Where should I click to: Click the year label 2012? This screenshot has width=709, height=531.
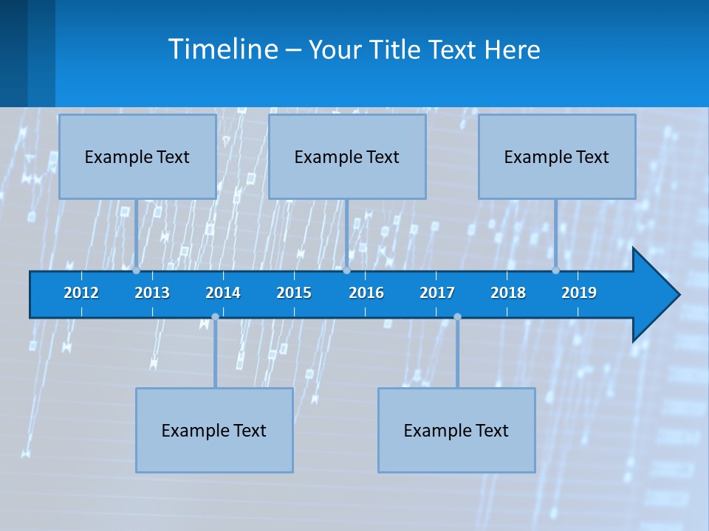(x=81, y=293)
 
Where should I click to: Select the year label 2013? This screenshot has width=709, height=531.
(x=152, y=293)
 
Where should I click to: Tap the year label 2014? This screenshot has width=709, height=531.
(x=223, y=293)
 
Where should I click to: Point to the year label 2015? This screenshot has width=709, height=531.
(x=294, y=293)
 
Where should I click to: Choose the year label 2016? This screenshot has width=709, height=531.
(x=366, y=293)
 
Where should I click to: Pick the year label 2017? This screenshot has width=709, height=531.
(x=437, y=293)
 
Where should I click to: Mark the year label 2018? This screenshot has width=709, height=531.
(x=508, y=293)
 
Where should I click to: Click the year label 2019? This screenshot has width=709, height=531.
(x=579, y=293)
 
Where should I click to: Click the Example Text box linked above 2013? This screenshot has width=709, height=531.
(x=137, y=156)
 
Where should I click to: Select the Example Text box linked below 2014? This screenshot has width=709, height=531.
(x=214, y=430)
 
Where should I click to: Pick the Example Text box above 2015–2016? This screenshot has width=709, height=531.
(x=347, y=156)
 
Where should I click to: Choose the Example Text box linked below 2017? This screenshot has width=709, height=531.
(x=456, y=430)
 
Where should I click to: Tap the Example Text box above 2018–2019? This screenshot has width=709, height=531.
(x=557, y=156)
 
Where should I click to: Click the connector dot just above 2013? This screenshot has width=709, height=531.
(x=137, y=271)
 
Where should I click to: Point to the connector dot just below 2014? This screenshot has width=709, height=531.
(x=215, y=317)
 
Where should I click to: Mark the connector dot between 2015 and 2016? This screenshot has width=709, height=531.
(x=346, y=271)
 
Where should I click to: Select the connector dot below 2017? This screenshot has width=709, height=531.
(x=457, y=317)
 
